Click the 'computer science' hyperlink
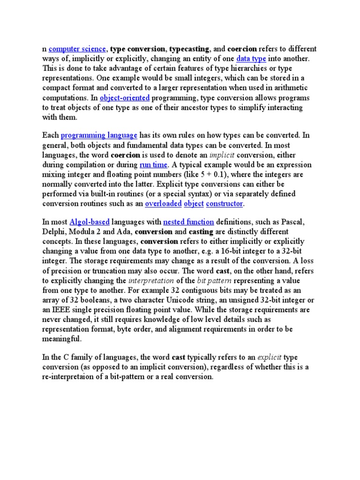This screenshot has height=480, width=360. [77, 49]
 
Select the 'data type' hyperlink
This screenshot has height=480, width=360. [251, 59]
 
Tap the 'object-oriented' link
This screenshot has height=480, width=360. [124, 97]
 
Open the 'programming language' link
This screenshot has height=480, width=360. [99, 135]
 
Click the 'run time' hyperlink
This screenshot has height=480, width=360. [153, 165]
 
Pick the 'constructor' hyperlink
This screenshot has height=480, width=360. [225, 204]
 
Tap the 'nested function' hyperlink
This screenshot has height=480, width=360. [188, 222]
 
